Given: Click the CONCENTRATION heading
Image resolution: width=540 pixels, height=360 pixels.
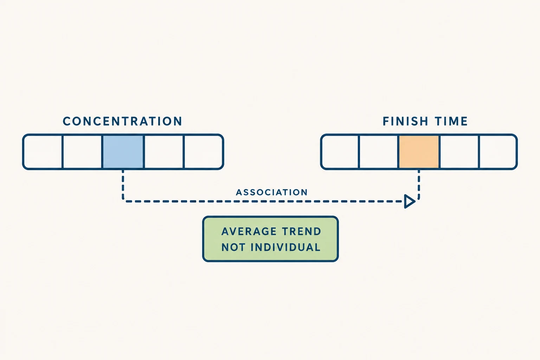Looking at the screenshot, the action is click(122, 121).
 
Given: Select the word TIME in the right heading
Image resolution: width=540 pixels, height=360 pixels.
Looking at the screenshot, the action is click(451, 121).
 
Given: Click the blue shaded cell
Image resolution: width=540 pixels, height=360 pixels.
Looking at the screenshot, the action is click(123, 152).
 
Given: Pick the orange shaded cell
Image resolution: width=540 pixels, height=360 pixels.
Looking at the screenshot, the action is click(419, 152).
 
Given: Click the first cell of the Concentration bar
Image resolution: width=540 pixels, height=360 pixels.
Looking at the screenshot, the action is click(43, 152).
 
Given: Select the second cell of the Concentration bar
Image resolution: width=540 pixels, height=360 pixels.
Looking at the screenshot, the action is click(82, 152).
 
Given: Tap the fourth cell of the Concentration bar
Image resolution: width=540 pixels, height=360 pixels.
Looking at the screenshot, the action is click(163, 152).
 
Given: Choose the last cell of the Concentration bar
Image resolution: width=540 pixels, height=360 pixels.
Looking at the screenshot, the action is click(204, 152).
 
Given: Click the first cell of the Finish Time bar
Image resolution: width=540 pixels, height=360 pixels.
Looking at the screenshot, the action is click(340, 152).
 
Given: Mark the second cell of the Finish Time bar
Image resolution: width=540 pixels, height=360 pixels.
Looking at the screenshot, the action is click(379, 152).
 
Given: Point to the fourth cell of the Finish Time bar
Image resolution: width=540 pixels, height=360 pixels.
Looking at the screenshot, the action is click(459, 152).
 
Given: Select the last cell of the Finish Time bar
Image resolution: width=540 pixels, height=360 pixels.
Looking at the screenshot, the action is click(498, 152).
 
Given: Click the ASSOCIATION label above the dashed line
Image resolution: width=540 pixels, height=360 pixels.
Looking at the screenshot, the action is click(272, 192).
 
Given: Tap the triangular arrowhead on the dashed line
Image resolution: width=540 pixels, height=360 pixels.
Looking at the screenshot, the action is click(410, 201).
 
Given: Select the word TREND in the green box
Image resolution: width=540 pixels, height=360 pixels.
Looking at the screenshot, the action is click(302, 231).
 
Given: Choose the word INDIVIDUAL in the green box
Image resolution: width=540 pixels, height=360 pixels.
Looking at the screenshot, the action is click(285, 247).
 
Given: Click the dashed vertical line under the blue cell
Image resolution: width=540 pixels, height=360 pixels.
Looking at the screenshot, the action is click(123, 185).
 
